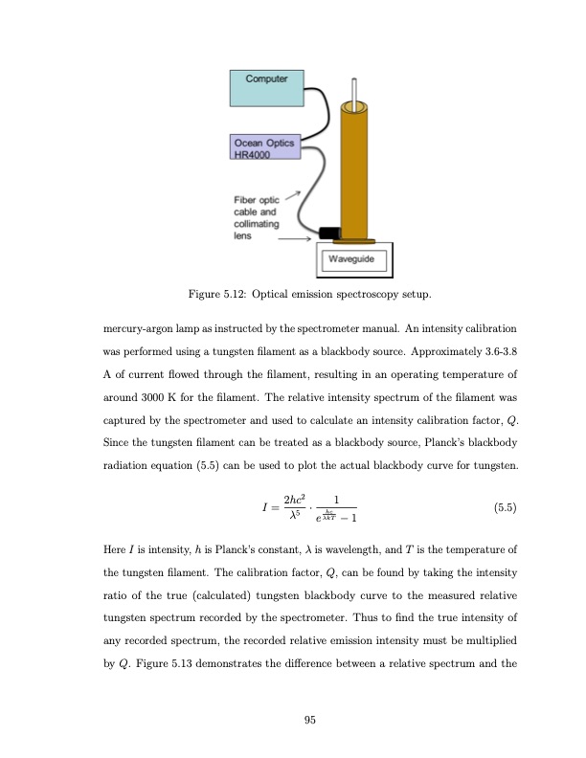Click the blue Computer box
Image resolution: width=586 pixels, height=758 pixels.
[x=264, y=87]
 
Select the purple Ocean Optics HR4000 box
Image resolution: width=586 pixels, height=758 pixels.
[x=263, y=149]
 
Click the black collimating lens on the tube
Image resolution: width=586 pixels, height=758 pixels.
[x=330, y=233]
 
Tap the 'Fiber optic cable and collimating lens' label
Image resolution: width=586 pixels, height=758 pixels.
[x=256, y=218]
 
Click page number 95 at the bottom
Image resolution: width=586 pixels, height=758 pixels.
[x=309, y=722]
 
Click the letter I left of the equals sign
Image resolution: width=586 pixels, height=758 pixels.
[x=253, y=509]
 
